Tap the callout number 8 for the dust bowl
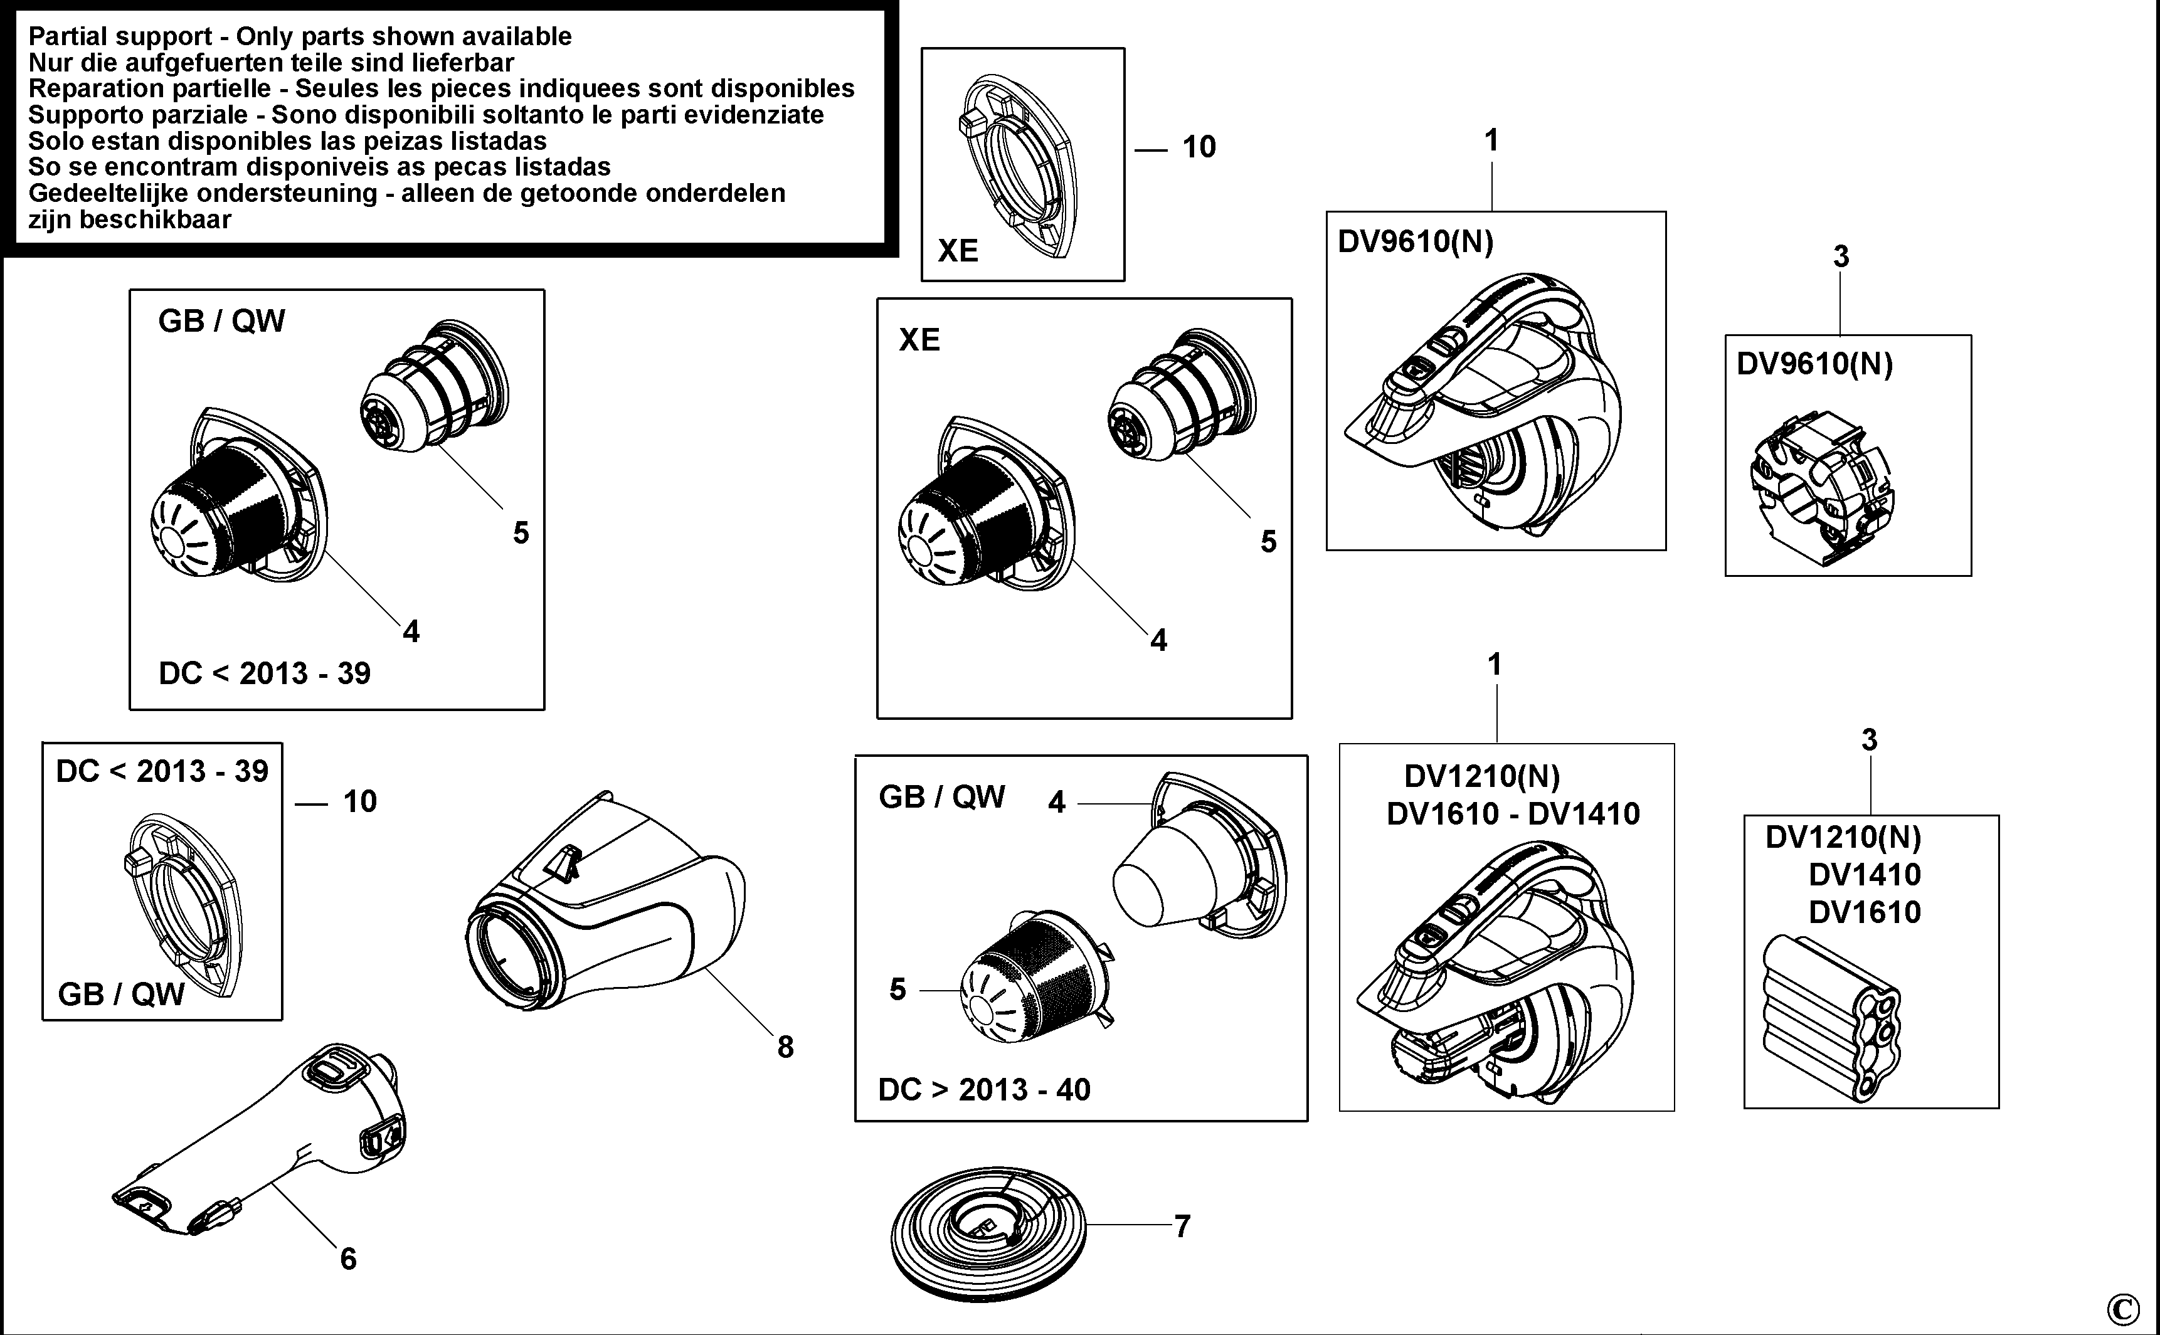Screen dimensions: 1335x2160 (785, 1047)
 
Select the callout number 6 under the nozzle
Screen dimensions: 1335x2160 (348, 1259)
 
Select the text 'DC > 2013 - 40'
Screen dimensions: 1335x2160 (984, 1090)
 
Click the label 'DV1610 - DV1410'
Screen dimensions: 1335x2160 (1513, 814)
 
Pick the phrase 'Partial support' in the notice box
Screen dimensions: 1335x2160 (120, 36)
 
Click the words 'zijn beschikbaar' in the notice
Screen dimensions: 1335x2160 (130, 220)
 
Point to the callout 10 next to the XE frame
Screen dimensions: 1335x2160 (1199, 147)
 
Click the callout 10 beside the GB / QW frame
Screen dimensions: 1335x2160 (359, 802)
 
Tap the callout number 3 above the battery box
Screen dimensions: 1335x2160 (1868, 740)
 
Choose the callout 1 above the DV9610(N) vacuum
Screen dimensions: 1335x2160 (1491, 140)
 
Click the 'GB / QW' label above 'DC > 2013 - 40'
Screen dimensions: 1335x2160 (941, 797)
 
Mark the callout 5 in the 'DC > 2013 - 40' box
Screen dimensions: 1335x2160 (897, 989)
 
